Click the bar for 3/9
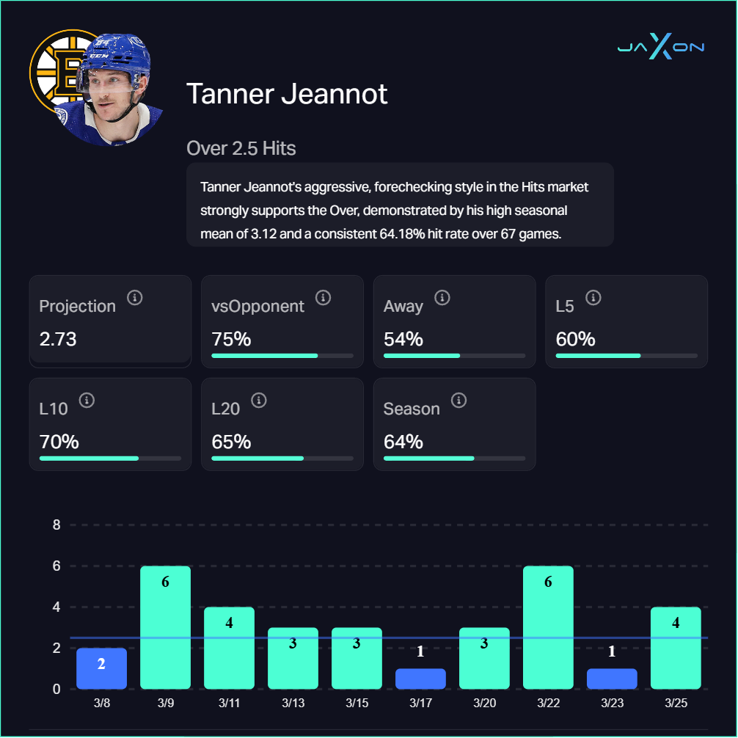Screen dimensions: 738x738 click(x=165, y=627)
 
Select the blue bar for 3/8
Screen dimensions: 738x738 click(x=101, y=668)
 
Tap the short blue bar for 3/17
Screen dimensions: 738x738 click(x=420, y=679)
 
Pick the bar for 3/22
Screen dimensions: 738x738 click(x=548, y=627)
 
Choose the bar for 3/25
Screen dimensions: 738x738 click(x=676, y=648)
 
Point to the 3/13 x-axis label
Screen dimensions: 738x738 click(x=293, y=702)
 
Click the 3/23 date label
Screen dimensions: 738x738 click(x=612, y=702)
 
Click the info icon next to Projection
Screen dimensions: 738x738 click(x=134, y=297)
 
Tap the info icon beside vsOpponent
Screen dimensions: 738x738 click(x=323, y=297)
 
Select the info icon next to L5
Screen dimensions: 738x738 click(x=593, y=297)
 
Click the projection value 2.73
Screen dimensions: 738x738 click(x=58, y=340)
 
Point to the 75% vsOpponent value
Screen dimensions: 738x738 click(x=231, y=340)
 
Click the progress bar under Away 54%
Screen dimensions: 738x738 click(x=454, y=356)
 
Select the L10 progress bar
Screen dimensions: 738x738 click(x=110, y=458)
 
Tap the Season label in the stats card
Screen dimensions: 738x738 click(x=412, y=409)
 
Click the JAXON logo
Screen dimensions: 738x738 click(x=660, y=48)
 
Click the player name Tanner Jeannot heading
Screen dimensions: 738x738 click(x=287, y=94)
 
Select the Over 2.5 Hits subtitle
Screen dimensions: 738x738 click(x=241, y=148)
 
